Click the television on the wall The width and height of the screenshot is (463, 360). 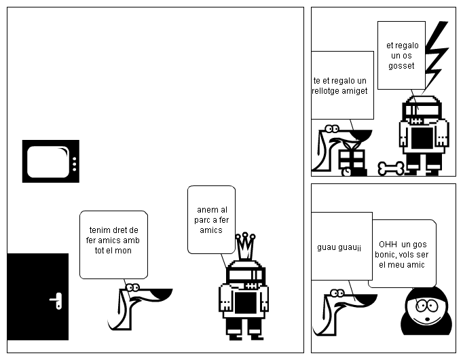[x=51, y=161]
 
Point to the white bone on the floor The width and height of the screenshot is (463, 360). [x=391, y=168]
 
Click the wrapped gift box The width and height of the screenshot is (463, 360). [x=352, y=160]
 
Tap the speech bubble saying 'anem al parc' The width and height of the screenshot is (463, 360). [x=211, y=219]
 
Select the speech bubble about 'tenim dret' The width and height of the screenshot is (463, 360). [x=113, y=244]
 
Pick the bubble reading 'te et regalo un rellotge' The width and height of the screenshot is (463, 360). [x=341, y=84]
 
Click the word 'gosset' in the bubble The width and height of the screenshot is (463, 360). [x=401, y=66]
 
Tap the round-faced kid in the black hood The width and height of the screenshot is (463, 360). [x=425, y=312]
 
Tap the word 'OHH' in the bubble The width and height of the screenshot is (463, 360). [x=388, y=244]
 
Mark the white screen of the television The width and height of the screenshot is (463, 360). [x=48, y=161]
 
